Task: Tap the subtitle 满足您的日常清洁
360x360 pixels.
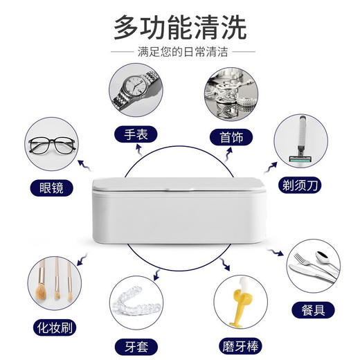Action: click(x=180, y=53)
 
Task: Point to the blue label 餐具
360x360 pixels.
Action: click(x=310, y=308)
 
